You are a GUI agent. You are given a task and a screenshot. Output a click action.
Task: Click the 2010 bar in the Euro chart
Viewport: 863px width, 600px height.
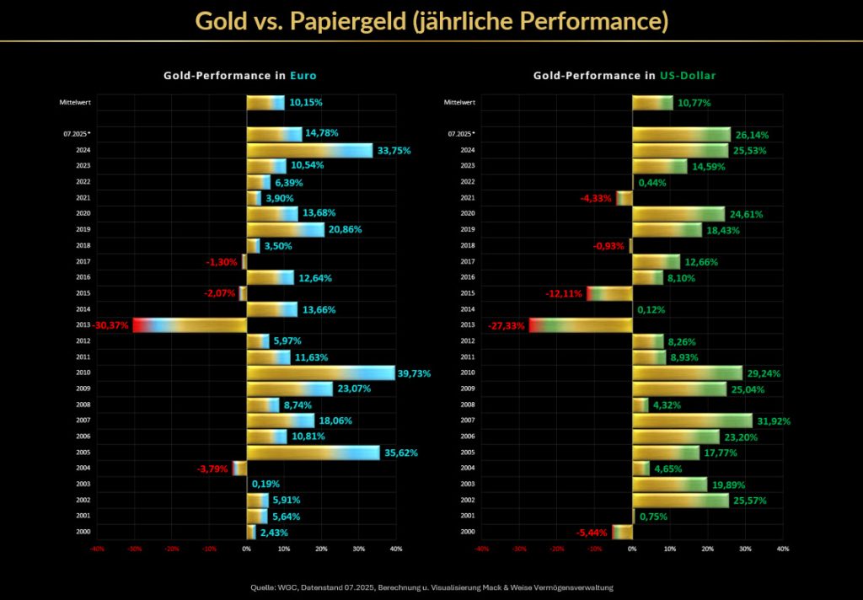320,373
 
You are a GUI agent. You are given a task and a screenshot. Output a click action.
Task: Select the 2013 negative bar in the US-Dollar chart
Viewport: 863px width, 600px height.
581,325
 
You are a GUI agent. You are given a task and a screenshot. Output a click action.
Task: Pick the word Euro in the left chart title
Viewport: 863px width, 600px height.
303,76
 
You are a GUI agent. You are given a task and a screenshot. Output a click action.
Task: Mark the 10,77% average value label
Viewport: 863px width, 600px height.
694,103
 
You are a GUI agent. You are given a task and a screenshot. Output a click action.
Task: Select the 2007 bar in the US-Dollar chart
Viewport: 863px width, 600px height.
692,421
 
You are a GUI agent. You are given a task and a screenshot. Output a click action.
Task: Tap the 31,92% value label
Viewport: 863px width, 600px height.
774,421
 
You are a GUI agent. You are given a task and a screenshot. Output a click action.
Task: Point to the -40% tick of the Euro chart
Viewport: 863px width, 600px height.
96,549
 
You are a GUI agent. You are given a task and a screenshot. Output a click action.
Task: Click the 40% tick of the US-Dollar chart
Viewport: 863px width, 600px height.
783,549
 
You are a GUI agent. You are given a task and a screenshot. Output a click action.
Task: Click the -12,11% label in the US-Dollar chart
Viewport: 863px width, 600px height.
564,294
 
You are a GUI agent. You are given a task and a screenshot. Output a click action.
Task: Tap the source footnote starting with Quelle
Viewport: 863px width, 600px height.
431,587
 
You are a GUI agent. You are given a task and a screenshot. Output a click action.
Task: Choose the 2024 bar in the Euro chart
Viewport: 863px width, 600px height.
309,151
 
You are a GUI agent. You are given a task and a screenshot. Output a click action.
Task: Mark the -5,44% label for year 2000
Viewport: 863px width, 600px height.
592,533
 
